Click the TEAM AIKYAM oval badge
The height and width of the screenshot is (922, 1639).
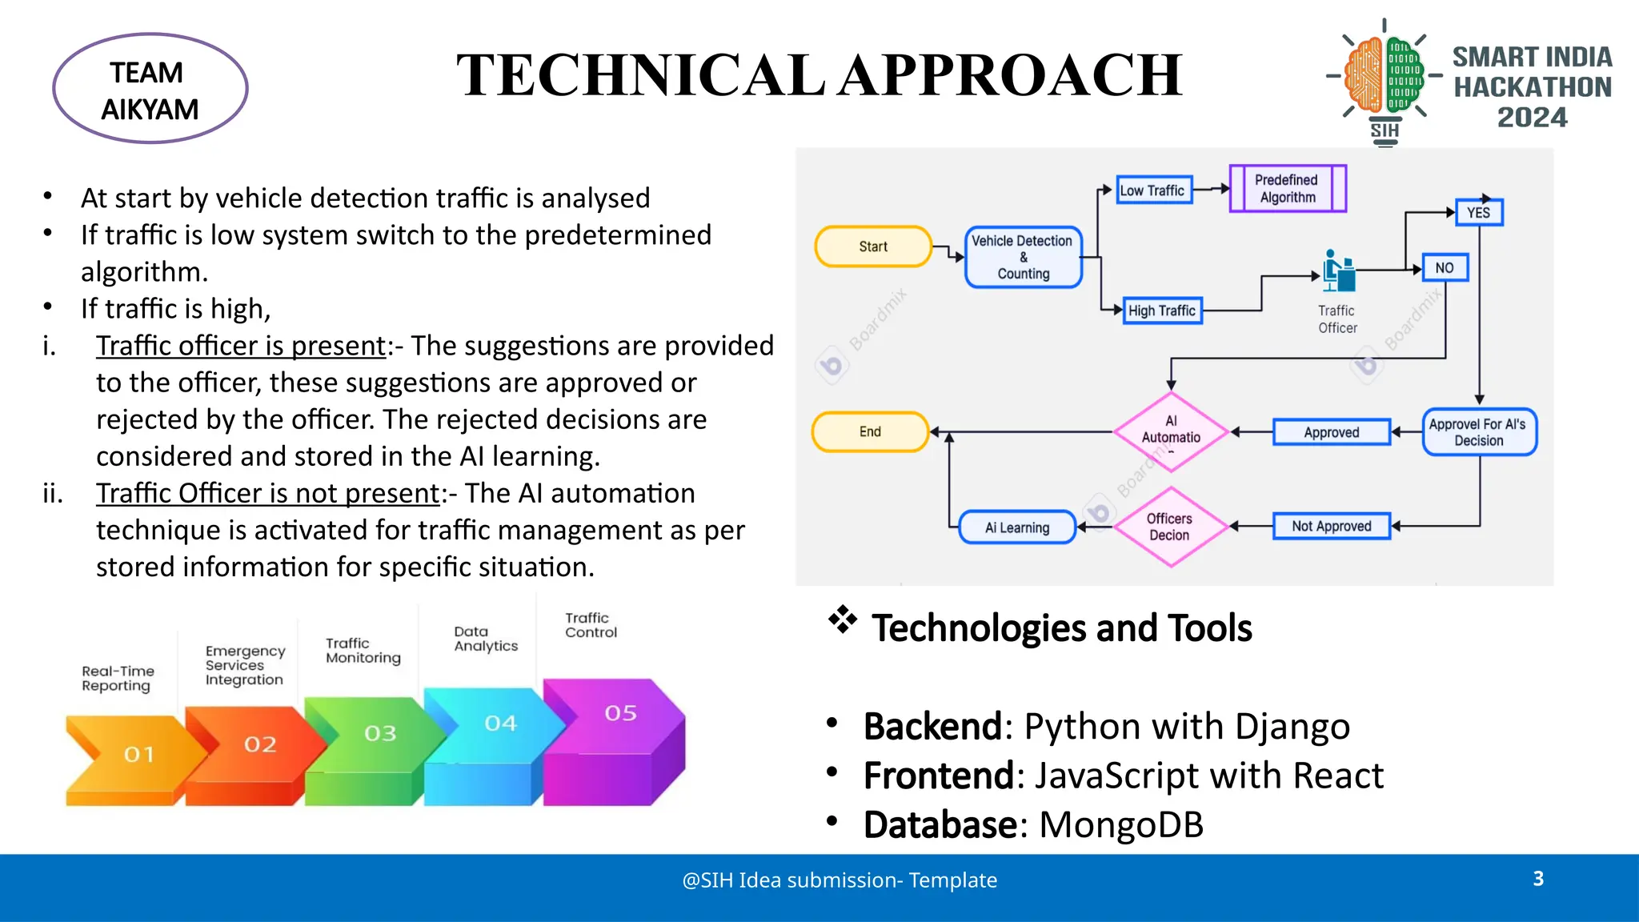point(150,89)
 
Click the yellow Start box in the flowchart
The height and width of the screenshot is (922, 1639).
point(873,247)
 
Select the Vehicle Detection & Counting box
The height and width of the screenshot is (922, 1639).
point(1023,257)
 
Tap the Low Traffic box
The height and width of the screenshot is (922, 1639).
point(1152,190)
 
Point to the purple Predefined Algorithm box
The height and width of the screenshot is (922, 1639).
point(1287,189)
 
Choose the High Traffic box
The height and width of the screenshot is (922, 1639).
point(1161,311)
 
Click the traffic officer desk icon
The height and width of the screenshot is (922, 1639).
point(1338,271)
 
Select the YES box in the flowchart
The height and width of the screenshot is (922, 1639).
point(1478,213)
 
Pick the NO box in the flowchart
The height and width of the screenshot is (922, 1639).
point(1445,268)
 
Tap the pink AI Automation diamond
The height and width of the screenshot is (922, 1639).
point(1171,431)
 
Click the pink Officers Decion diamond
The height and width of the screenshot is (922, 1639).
point(1170,527)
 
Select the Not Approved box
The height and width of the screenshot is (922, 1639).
point(1331,527)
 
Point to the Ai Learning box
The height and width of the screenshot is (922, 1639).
point(1017,527)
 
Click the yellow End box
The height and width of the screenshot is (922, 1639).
point(870,432)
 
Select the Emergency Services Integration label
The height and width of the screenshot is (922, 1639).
point(244,665)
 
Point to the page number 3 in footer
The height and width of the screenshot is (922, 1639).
point(1537,879)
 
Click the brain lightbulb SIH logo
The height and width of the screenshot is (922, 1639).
point(1385,80)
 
